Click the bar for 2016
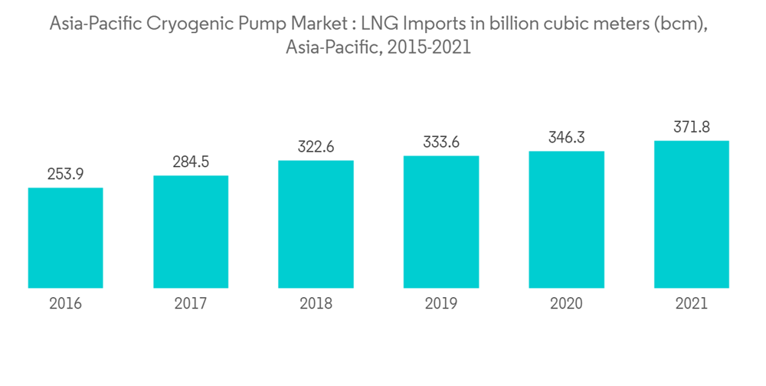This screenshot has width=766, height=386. (66, 237)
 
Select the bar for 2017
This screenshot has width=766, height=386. (191, 231)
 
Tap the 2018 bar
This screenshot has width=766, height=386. (316, 224)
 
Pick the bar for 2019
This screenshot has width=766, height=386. (441, 221)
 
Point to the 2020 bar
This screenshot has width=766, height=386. (566, 219)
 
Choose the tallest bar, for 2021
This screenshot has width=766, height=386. (691, 214)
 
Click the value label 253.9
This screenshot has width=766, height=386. (66, 174)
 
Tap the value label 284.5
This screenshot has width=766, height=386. (191, 162)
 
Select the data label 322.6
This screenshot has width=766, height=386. (316, 146)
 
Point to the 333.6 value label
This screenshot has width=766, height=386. (441, 142)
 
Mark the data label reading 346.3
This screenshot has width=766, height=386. (566, 137)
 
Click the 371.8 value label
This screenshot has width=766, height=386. (691, 127)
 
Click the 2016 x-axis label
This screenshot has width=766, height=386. (66, 304)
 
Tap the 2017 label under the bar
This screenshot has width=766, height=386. (191, 304)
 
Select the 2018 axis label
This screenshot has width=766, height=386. (316, 304)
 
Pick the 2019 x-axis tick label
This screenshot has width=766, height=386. (441, 304)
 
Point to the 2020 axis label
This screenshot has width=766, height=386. (566, 304)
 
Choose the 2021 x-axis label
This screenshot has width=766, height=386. (691, 304)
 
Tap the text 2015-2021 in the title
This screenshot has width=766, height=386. (429, 47)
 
